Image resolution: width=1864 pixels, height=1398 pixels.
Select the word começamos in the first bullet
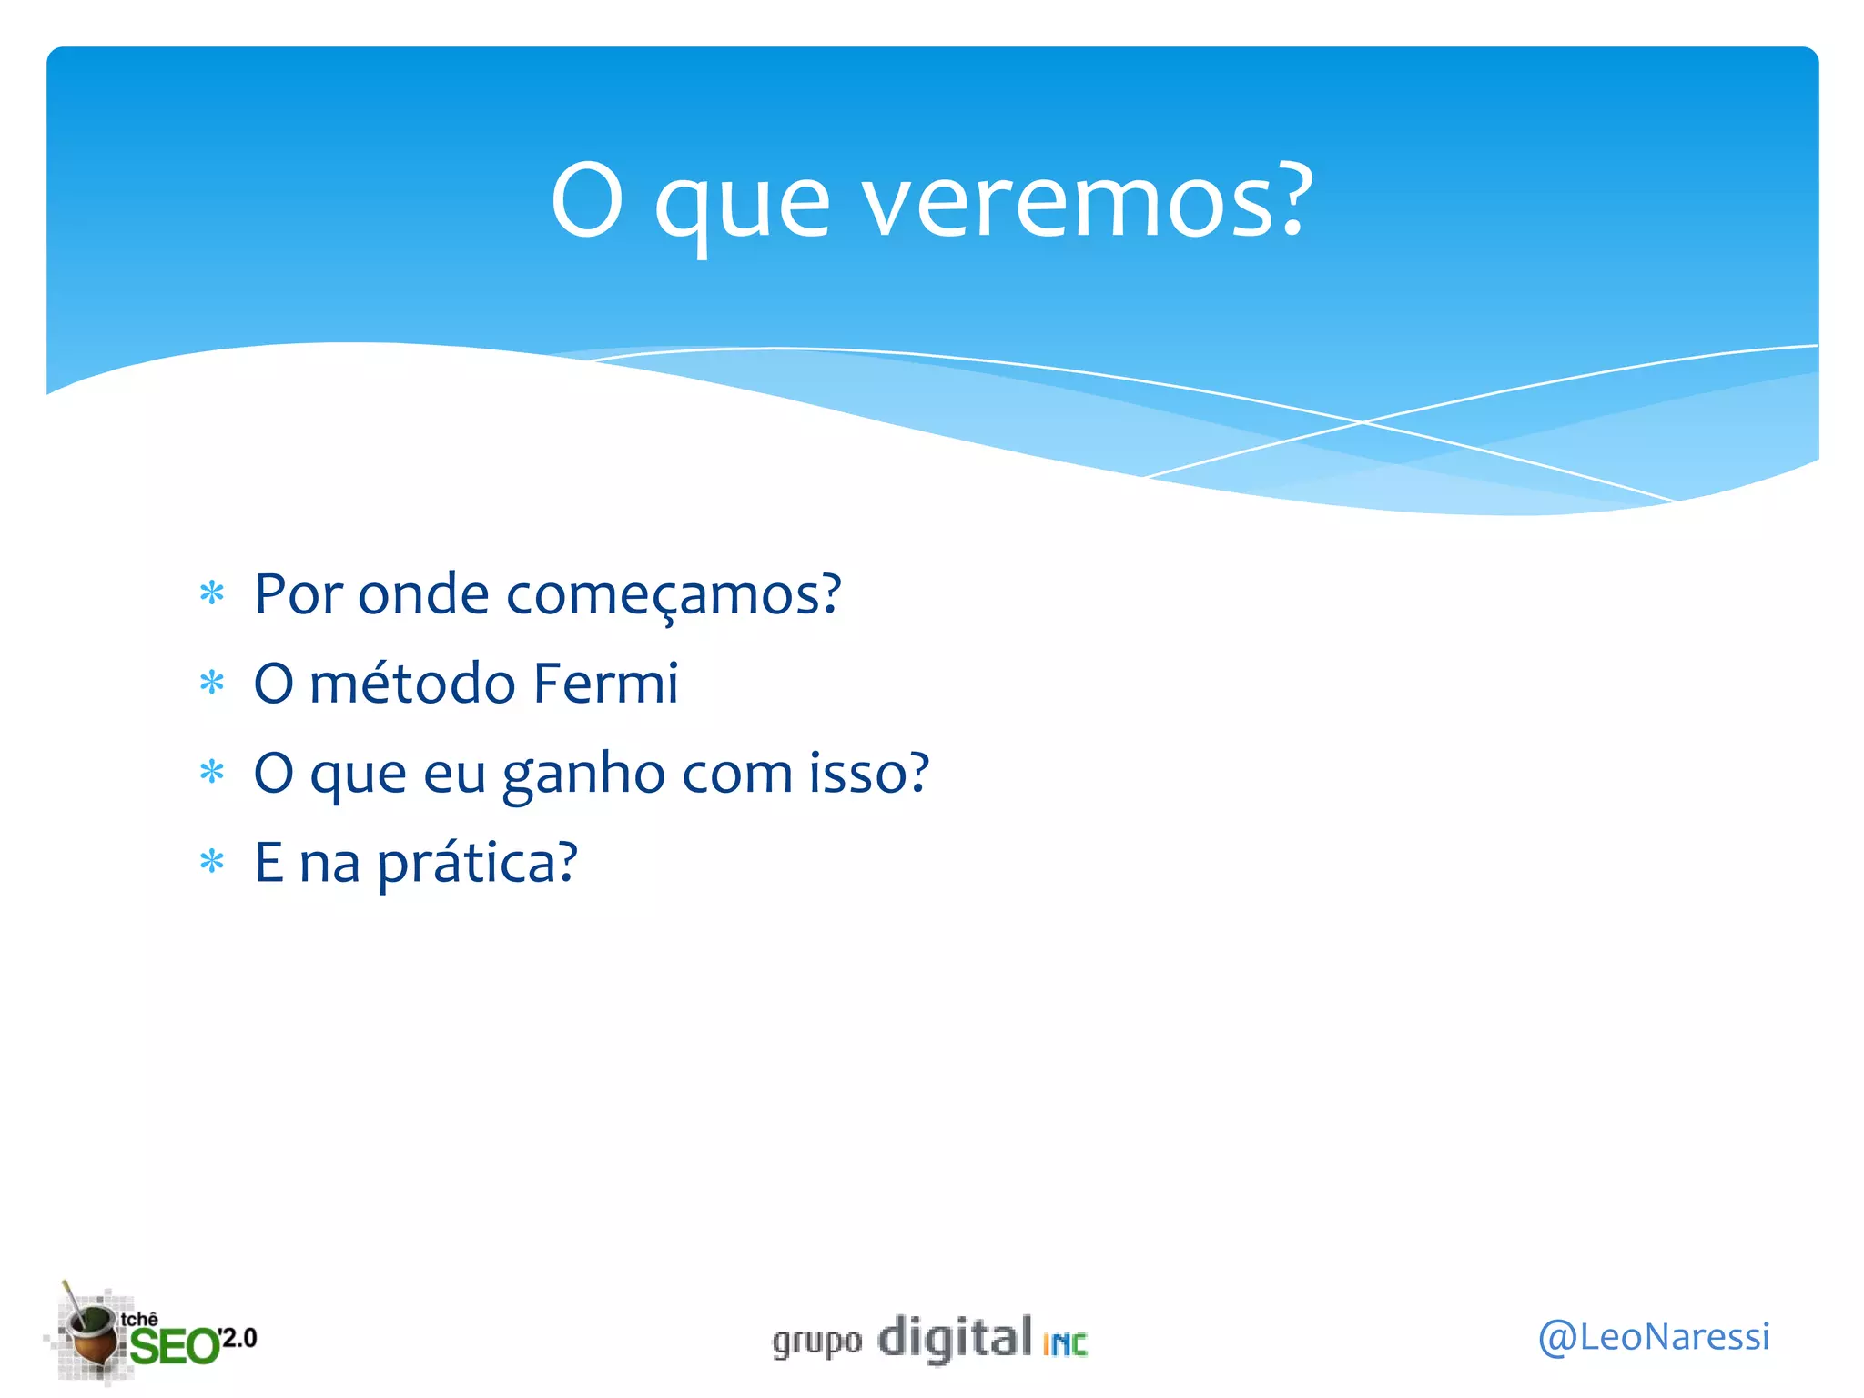point(674,595)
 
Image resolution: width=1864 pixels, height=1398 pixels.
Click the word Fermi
point(605,684)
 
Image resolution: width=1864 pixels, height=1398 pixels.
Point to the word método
point(412,684)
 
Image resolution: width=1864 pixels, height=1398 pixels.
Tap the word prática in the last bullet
point(477,863)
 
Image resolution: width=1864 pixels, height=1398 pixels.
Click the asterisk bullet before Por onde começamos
point(212,594)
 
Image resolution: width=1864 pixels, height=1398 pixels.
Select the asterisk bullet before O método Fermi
point(212,683)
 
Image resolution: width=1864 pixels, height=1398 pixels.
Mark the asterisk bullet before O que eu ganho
point(212,773)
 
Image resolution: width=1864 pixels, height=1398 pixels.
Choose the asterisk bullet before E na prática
point(212,861)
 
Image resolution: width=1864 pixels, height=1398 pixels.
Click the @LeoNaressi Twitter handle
point(1653,1337)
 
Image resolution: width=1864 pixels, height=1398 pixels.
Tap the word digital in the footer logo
point(955,1339)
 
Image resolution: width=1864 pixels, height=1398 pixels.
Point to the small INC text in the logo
point(1065,1344)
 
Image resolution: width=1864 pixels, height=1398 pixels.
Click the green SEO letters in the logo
point(174,1346)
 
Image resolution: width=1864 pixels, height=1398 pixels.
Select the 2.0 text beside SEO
point(239,1338)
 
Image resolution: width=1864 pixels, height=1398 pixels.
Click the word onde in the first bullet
point(423,595)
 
